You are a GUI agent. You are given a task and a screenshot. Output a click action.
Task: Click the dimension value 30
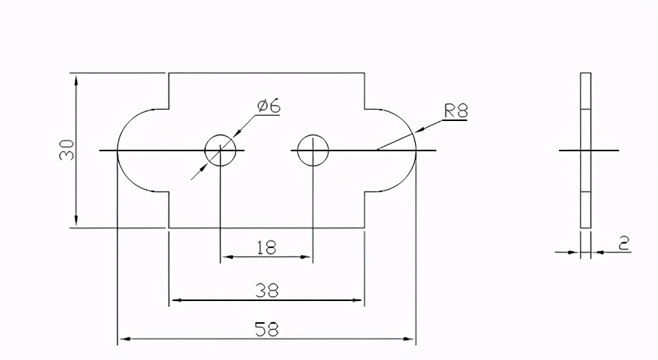67,150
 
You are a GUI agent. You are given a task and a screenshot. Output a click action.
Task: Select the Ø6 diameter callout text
268,106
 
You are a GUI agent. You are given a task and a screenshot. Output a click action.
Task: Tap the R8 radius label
456,110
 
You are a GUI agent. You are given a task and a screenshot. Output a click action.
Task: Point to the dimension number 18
266,247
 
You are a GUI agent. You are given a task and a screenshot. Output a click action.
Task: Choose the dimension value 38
267,290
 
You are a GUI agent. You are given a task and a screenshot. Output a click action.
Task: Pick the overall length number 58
267,329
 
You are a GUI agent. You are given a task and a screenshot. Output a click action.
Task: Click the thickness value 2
625,244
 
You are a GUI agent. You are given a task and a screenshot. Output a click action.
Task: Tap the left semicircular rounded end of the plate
117,151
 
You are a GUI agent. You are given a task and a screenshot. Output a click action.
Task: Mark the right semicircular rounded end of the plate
416,151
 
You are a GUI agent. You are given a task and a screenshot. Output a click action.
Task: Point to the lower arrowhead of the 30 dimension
76,221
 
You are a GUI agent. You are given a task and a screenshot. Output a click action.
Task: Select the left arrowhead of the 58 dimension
125,339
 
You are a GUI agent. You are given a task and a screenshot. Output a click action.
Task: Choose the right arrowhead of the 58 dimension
408,339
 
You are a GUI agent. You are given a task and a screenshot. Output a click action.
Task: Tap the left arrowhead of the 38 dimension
176,300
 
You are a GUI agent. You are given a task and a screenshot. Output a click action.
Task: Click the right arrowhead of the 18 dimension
306,257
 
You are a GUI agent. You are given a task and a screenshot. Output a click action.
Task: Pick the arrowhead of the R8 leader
421,129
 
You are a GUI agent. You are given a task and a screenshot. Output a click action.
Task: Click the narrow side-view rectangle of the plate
586,151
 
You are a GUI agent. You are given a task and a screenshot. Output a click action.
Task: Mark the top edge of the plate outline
266,73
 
